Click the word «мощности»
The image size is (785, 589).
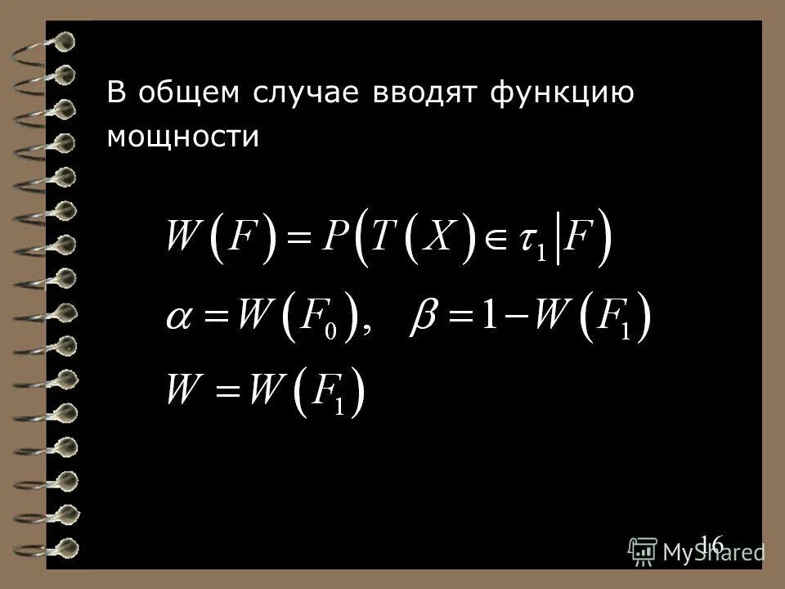click(x=183, y=137)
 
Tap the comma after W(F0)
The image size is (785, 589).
click(x=367, y=329)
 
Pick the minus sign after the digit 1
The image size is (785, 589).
click(x=512, y=317)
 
